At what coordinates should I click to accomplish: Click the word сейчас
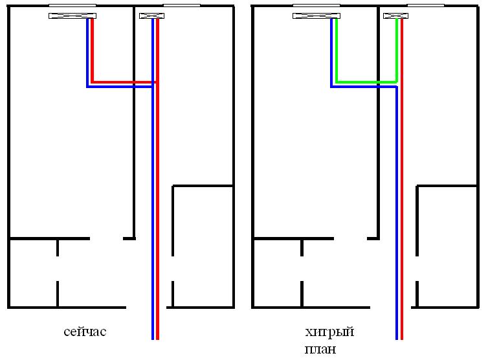click(85, 332)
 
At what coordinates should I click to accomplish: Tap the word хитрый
click(329, 333)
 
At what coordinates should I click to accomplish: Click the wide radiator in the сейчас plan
click(72, 16)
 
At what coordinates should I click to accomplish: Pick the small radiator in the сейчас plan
click(151, 16)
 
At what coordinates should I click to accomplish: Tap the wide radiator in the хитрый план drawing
click(316, 16)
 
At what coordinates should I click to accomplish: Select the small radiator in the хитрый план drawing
click(395, 16)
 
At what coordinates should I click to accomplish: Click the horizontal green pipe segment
click(366, 82)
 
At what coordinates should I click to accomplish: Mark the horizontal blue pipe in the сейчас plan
click(120, 87)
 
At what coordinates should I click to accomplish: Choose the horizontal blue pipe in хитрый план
click(364, 87)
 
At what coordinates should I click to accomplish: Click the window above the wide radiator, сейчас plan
click(72, 5)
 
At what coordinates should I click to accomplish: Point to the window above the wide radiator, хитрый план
click(316, 5)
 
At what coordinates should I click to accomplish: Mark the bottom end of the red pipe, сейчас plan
click(158, 337)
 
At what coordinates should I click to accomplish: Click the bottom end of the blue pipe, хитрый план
click(397, 337)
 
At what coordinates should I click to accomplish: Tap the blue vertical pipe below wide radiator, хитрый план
click(331, 52)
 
